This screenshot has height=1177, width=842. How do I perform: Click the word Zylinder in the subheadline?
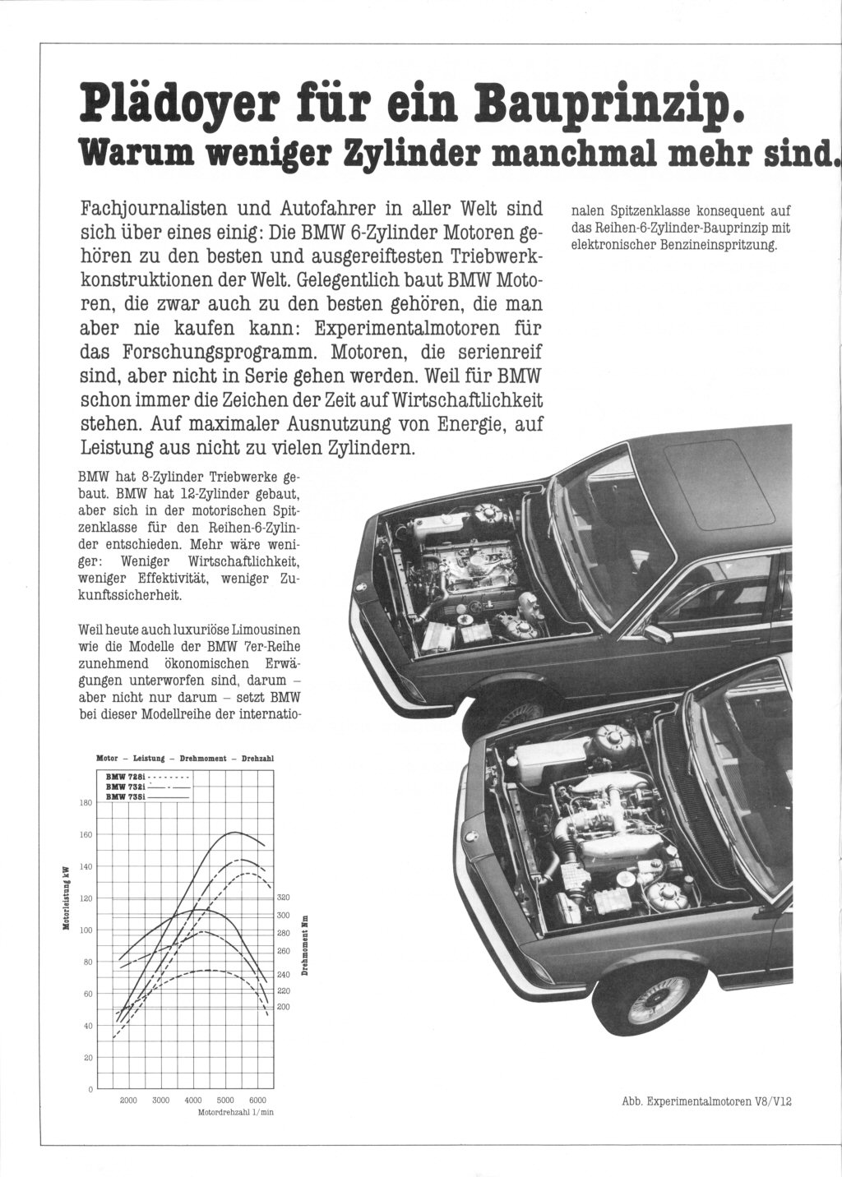tap(402, 151)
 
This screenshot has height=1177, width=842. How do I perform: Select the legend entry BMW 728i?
tap(126, 775)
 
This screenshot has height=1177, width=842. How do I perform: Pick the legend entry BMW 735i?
tap(126, 796)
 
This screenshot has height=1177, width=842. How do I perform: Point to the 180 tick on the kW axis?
tap(85, 803)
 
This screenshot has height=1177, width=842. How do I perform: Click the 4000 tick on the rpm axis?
tap(193, 1100)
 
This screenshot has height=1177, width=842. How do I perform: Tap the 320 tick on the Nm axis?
tap(285, 898)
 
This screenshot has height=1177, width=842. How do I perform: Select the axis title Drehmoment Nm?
tap(304, 946)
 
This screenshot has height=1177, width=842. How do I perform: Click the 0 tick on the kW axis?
tap(89, 1090)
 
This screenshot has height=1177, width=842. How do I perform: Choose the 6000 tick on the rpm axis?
tap(257, 1100)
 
